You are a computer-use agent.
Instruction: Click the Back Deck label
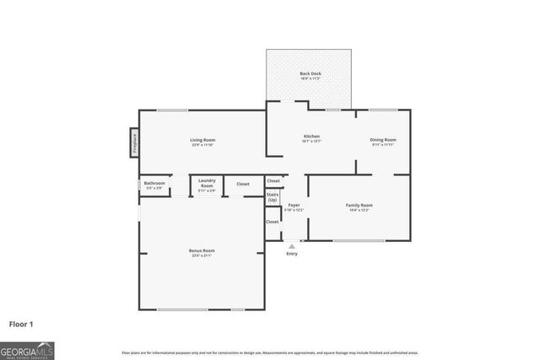click(310, 74)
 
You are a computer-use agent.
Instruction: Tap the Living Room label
click(202, 140)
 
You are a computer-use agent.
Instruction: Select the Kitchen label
click(311, 137)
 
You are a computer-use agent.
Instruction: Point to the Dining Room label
click(382, 140)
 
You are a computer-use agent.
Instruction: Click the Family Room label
click(359, 205)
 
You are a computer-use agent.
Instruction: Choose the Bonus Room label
click(202, 250)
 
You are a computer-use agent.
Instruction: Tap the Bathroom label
click(154, 183)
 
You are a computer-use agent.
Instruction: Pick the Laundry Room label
click(207, 183)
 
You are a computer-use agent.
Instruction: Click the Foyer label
click(294, 205)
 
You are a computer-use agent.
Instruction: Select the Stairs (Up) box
click(273, 197)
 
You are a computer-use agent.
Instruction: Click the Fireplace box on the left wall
click(133, 142)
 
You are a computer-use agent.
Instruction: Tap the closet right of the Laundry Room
click(243, 184)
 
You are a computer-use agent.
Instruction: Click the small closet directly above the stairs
click(273, 180)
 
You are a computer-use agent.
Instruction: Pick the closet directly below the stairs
click(273, 222)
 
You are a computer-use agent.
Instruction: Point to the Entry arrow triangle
click(292, 245)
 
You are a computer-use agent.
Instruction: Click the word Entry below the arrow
click(292, 254)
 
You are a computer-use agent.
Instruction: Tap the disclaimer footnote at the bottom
click(270, 352)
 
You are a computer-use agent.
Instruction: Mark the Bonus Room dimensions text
click(202, 255)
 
